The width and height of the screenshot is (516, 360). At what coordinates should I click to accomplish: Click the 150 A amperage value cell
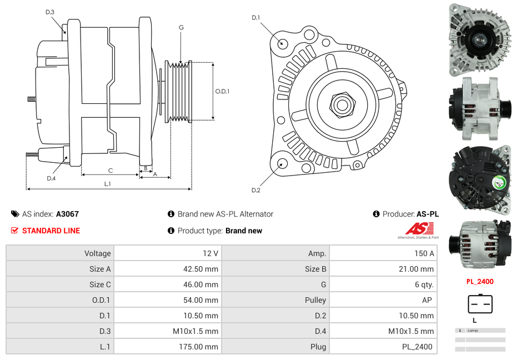point(424,253)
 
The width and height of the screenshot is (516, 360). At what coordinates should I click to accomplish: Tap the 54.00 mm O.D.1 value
point(203,300)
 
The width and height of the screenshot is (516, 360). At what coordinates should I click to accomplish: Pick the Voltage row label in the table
point(97,253)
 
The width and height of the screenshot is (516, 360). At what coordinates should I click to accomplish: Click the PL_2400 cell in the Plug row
point(418,347)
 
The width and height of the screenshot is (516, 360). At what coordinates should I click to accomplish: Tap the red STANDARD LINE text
point(51,231)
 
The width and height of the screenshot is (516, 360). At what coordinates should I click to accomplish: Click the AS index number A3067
point(67,214)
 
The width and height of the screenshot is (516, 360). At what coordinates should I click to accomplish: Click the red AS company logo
point(419,229)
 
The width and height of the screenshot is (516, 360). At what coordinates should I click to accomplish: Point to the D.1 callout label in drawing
point(256,18)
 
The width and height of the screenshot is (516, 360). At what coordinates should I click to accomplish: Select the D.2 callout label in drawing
point(256,190)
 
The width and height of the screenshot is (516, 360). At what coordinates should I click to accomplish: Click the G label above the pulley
point(181,27)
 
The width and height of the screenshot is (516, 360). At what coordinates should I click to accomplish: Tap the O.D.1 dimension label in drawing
point(222,91)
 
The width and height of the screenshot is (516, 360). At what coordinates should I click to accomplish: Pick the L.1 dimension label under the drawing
point(107,183)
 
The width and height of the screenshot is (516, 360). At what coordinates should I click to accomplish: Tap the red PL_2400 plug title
point(480,282)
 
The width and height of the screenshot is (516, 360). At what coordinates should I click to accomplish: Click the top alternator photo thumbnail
point(479,39)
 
